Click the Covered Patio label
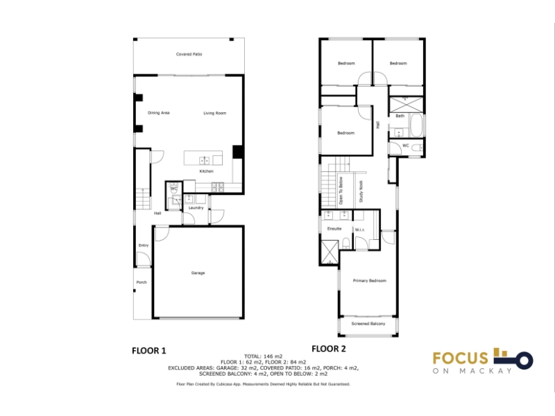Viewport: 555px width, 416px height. (189, 54)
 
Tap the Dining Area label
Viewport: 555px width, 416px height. (159, 113)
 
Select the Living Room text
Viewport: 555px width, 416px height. (214, 113)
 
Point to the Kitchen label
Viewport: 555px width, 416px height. (206, 171)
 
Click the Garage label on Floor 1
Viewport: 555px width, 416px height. (198, 273)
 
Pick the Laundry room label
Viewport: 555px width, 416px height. (196, 208)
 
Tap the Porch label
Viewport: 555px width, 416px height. (142, 282)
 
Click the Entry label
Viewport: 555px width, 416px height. (144, 245)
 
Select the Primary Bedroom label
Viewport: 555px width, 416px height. (370, 281)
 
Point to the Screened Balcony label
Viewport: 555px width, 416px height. (368, 324)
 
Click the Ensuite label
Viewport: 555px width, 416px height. (334, 229)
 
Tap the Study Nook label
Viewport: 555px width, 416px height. (361, 192)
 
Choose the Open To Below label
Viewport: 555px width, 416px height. (341, 191)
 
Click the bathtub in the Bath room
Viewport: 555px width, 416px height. (416, 125)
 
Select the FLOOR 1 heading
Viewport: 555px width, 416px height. (148, 351)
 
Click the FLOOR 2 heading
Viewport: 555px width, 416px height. (328, 349)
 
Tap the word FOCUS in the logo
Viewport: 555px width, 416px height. (460, 358)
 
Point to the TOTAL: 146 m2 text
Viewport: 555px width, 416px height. (264, 356)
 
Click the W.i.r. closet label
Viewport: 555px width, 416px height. (359, 230)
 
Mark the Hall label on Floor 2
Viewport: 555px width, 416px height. (378, 125)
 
